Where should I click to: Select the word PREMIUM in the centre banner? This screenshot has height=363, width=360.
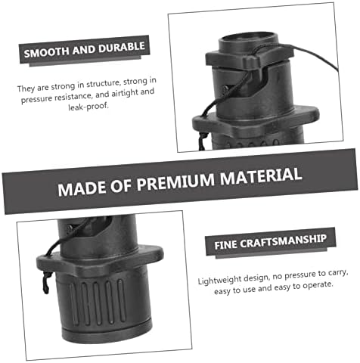point(175,181)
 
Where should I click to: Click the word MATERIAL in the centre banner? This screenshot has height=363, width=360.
point(261,175)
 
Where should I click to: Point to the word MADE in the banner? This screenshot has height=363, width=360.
point(82,188)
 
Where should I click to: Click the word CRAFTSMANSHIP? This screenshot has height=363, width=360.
point(283,241)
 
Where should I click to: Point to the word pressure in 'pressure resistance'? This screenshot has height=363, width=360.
point(37,98)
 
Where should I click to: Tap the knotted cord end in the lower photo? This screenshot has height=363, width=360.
point(46,284)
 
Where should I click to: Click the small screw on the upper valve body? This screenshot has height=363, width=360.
point(225,88)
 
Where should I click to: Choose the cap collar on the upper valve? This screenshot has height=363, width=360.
point(250,57)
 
